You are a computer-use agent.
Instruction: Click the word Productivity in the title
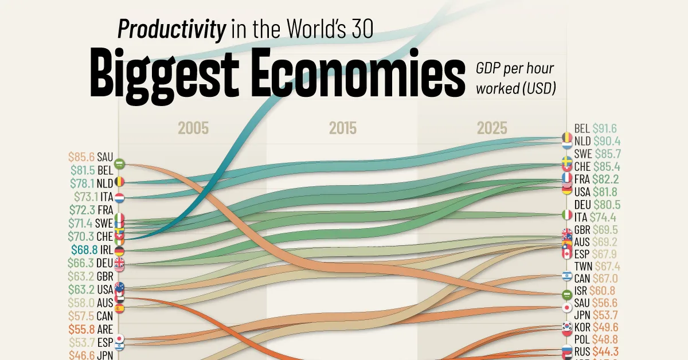(171, 29)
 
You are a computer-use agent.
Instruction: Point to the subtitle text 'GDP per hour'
(514, 69)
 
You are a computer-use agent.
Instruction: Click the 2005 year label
(193, 128)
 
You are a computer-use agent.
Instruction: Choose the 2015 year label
(343, 128)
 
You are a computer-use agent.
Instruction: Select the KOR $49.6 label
(597, 328)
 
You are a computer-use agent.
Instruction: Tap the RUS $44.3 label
(597, 353)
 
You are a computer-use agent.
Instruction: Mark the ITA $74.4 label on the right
(597, 217)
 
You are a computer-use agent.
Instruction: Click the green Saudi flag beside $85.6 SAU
(119, 164)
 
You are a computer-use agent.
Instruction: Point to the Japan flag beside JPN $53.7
(566, 307)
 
